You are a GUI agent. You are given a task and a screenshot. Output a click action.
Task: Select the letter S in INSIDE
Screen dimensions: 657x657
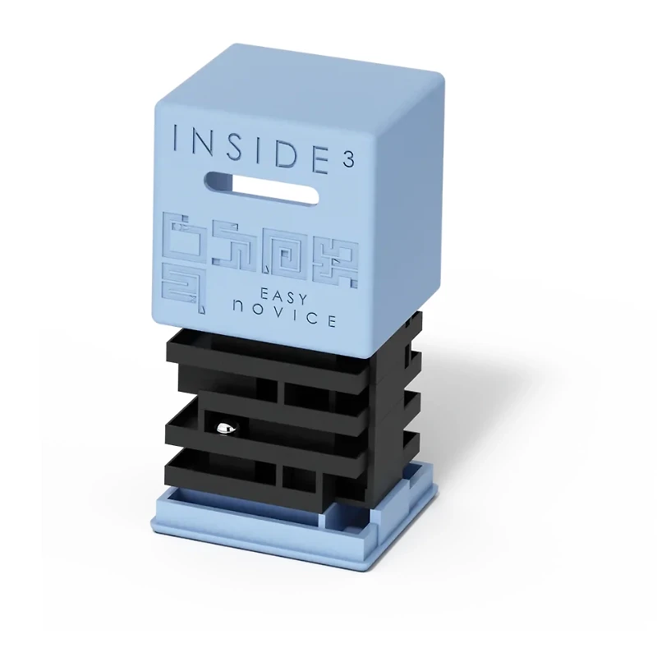[x=237, y=140]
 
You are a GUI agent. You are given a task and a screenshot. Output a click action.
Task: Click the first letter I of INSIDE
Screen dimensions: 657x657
[x=177, y=139]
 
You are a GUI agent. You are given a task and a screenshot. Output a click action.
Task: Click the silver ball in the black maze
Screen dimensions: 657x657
[x=224, y=427]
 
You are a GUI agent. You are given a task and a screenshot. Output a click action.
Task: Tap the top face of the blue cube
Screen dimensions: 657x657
[x=312, y=78]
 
